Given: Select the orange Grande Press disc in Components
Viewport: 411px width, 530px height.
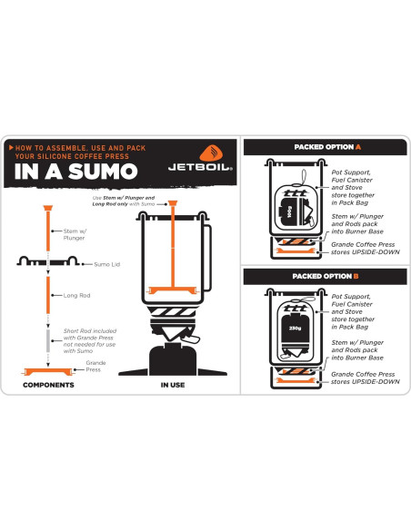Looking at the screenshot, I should (46, 371).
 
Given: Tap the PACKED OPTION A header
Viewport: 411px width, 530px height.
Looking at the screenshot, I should (326, 147).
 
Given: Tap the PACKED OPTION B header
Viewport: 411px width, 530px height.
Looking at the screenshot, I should (326, 274).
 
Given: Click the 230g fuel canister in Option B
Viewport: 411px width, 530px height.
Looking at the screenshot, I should (294, 328).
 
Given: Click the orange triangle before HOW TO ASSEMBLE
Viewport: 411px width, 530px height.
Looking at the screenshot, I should (10, 147).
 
